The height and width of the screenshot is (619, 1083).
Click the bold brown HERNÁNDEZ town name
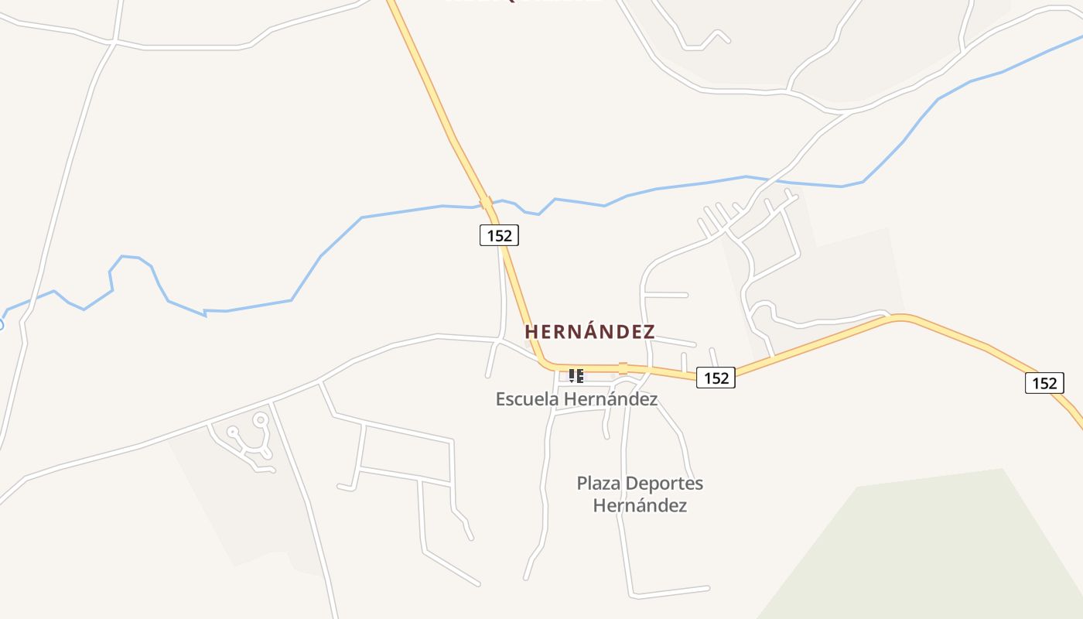pos(589,332)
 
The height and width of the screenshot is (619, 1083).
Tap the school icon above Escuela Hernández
pos(576,376)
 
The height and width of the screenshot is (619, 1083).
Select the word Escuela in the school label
pos(527,399)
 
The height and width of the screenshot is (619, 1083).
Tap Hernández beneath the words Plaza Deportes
pos(640,506)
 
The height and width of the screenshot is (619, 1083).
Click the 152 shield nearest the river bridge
pos(499,234)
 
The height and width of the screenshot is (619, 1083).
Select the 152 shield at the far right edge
pos(1044,383)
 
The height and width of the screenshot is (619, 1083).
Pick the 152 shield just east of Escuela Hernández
pos(716,378)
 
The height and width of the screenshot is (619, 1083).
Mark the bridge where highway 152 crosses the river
pos(486,203)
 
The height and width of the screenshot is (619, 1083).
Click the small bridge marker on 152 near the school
pos(623,368)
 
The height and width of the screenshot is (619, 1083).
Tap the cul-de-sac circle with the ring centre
pos(261,420)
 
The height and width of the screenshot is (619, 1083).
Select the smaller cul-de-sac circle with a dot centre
pos(232,432)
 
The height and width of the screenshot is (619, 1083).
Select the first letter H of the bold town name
pos(531,332)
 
